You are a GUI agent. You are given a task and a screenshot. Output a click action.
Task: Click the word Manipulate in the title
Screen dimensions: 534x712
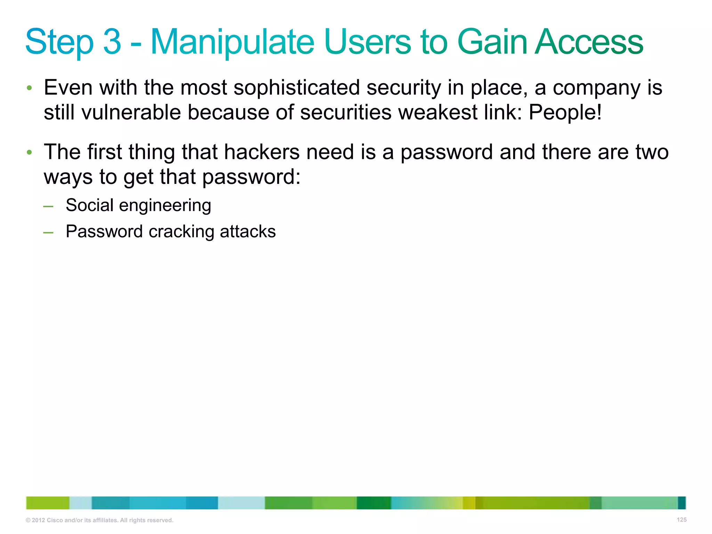pyautogui.click(x=232, y=42)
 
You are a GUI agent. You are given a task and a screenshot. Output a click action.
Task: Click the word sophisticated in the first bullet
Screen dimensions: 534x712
pyautogui.click(x=297, y=88)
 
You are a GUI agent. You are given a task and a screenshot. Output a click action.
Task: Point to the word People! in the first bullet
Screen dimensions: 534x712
pyautogui.click(x=565, y=113)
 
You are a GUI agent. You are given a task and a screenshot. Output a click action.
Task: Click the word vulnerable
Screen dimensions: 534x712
pyautogui.click(x=131, y=113)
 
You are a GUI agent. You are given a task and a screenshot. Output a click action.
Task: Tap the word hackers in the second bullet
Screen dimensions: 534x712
pyautogui.click(x=261, y=152)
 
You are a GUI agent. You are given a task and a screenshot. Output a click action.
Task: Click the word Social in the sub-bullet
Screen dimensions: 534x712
pyautogui.click(x=89, y=205)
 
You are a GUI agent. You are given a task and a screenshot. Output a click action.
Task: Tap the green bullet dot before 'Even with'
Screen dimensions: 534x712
pyautogui.click(x=30, y=88)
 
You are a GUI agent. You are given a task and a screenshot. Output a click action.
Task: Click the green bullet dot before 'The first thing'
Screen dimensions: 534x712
pyautogui.click(x=30, y=152)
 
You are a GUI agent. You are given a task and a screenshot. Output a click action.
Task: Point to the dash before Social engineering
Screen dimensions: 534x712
pyautogui.click(x=48, y=207)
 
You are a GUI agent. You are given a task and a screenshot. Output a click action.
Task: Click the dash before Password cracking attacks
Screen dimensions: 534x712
pyautogui.click(x=48, y=233)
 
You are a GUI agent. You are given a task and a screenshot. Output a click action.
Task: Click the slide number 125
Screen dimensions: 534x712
pyautogui.click(x=681, y=519)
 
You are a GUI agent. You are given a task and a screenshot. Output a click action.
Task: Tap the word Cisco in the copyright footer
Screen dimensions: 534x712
pyautogui.click(x=54, y=520)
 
